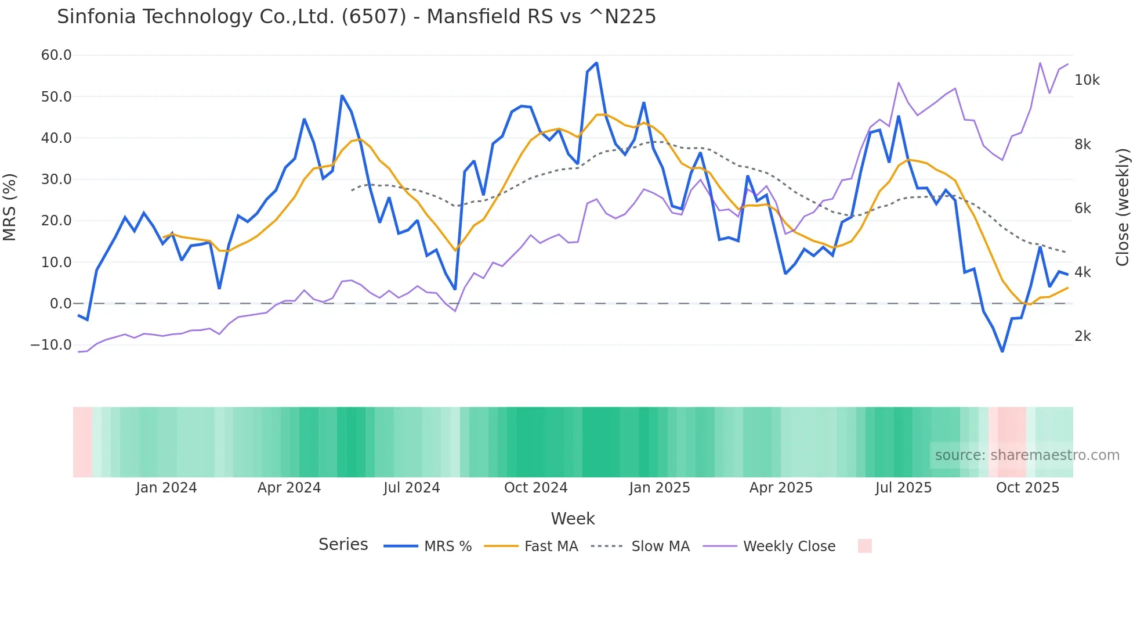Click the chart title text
pos(356,17)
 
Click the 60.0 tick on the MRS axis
pos(56,55)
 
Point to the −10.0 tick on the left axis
pos(51,344)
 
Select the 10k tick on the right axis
pos(1087,80)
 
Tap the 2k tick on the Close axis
pos(1082,336)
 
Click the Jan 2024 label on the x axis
pos(166,488)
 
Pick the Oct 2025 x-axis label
pos(1027,488)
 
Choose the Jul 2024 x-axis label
pos(411,488)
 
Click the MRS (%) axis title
pos(10,207)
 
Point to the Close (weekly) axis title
pos(1122,207)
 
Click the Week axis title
pos(573,519)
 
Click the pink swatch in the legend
pos(864,546)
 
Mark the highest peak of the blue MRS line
pos(596,63)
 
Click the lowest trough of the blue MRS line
pos(1002,351)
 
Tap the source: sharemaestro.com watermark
pos(1027,455)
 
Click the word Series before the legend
pos(343,545)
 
